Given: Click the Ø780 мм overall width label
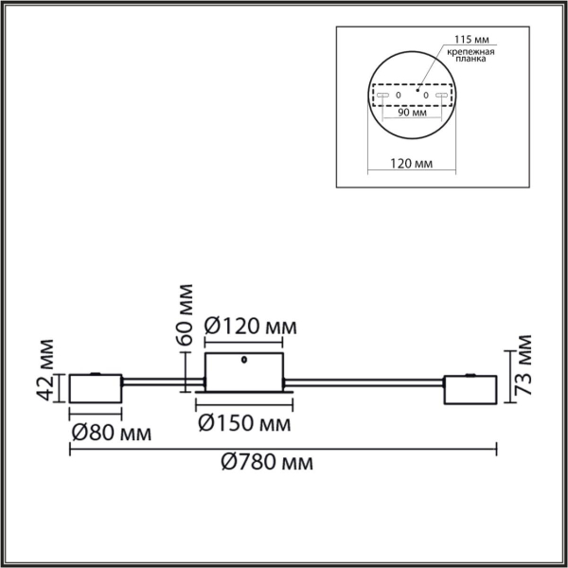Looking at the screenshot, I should coord(267,464).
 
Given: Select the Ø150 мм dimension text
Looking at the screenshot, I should coord(243,421).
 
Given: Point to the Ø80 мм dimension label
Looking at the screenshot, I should coord(111,435).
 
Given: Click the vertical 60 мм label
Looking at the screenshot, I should coord(186,313).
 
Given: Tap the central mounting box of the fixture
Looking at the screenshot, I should coord(244,371).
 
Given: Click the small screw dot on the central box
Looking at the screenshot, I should coord(245,360).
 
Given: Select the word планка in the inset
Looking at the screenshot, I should coord(469,58).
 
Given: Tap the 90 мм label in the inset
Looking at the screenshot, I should coord(412,112).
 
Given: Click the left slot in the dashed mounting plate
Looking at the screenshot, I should coord(383,96).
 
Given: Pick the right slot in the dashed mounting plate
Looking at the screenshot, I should coord(440,96).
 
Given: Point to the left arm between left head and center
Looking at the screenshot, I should coord(162,382).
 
